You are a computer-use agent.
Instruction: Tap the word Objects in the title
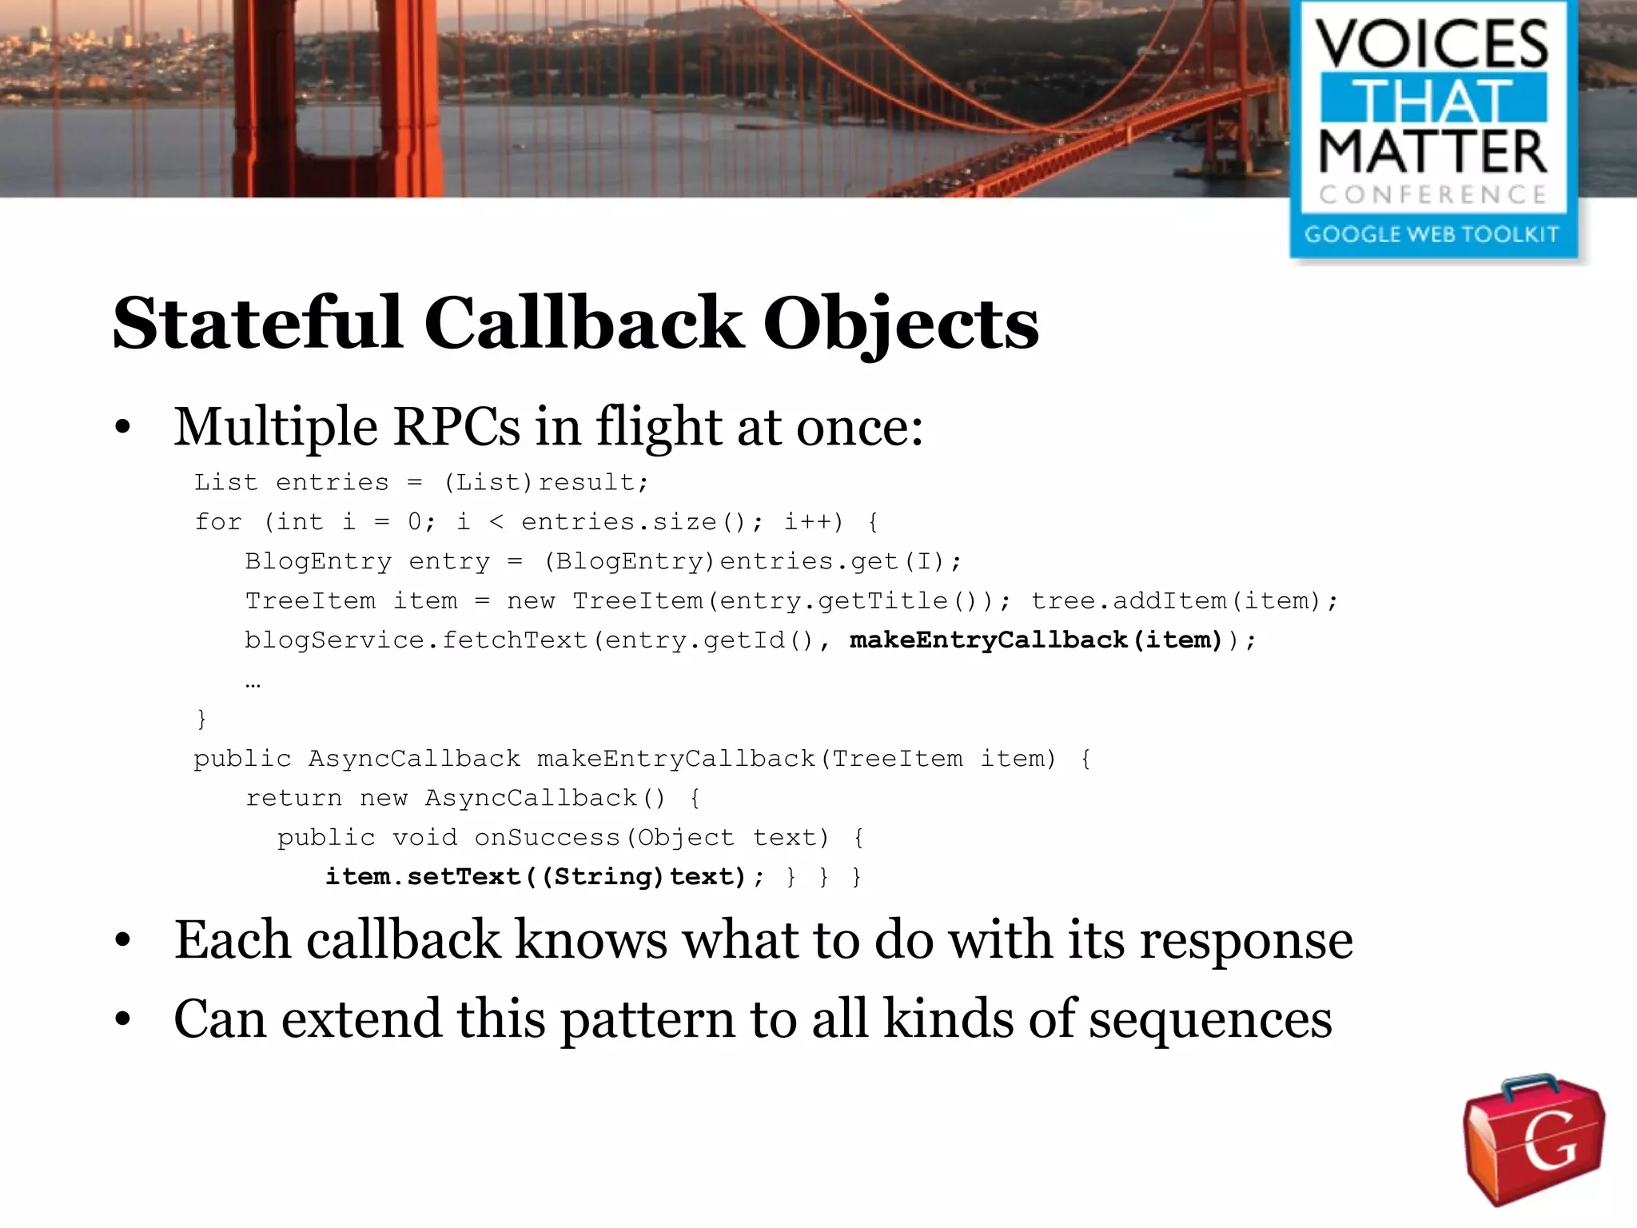point(901,325)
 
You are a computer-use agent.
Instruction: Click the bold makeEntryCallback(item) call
point(1036,640)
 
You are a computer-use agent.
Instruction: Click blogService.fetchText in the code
point(416,640)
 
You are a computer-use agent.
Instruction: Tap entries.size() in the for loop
point(631,522)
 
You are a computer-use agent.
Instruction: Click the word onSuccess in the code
point(548,838)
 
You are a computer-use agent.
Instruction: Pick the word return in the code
point(293,798)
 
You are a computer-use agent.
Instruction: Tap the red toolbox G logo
point(1534,1139)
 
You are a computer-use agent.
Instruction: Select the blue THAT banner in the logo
point(1433,99)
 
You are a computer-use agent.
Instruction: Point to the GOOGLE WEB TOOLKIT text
point(1432,235)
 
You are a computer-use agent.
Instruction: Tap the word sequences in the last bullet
point(1210,1020)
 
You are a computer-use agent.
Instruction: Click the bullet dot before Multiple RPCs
point(122,428)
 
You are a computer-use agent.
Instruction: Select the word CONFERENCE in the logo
point(1432,194)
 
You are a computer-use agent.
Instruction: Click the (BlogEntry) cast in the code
point(628,561)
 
